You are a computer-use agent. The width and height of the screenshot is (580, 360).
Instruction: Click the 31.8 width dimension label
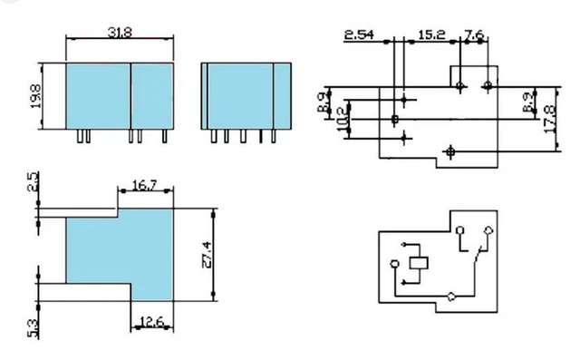pyautogui.click(x=120, y=32)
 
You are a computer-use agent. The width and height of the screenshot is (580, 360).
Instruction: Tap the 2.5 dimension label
pyautogui.click(x=34, y=182)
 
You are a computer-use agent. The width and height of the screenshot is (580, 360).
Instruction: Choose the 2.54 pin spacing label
pyautogui.click(x=358, y=35)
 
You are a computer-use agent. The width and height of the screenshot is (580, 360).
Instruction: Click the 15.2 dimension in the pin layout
pyautogui.click(x=430, y=35)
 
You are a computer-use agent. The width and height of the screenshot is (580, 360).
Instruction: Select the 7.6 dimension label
pyautogui.click(x=474, y=35)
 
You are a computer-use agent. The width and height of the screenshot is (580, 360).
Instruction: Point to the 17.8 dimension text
pyautogui.click(x=550, y=116)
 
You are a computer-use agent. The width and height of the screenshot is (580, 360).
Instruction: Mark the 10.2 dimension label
pyautogui.click(x=340, y=120)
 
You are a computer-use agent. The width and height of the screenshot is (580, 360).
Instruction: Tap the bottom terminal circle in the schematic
pyautogui.click(x=450, y=297)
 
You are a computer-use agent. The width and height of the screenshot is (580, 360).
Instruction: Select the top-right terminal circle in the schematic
pyautogui.click(x=489, y=230)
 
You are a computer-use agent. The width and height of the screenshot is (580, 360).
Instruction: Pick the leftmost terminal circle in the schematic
pyautogui.click(x=393, y=264)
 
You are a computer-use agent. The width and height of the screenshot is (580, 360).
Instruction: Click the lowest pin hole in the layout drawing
pyautogui.click(x=450, y=151)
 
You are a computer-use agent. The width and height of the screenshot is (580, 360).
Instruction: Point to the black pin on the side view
pyautogui.click(x=262, y=137)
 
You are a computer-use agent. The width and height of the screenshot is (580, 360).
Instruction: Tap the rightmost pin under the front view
pyautogui.click(x=164, y=137)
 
